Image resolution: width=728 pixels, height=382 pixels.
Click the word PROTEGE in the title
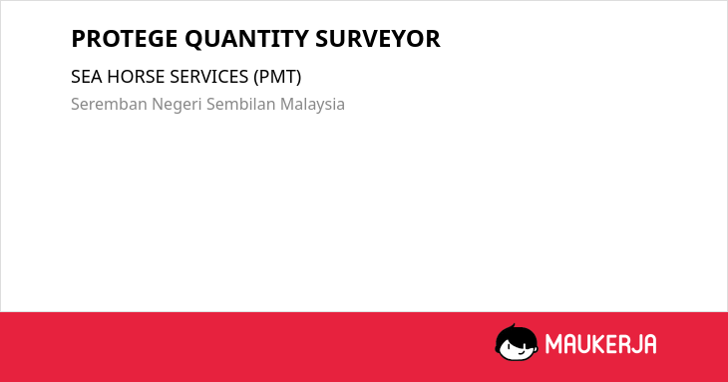point(124,39)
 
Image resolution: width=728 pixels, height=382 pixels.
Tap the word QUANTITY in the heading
point(246,40)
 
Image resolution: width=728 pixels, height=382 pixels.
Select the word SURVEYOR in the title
point(378,39)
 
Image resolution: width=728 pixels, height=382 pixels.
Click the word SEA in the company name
point(87,77)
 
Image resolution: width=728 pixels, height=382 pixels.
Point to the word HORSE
point(136,77)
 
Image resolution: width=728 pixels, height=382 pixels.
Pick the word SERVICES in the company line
point(209,77)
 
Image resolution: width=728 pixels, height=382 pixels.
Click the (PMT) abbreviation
point(277,77)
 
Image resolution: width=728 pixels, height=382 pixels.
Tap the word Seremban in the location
point(109,104)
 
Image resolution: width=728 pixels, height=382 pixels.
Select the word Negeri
point(177,105)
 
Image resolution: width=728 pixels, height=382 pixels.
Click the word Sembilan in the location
point(241,104)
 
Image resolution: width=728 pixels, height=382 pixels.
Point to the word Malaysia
point(312,105)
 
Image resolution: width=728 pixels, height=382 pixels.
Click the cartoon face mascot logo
point(517,342)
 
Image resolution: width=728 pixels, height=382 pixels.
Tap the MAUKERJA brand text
point(600,344)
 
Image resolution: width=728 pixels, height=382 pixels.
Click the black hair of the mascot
point(516,334)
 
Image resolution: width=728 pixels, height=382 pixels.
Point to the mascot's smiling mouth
point(521,352)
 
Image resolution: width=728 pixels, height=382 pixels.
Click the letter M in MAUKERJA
point(553,344)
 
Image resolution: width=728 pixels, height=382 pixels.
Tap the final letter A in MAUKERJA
point(649,344)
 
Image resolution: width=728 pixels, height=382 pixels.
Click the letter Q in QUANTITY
point(194,40)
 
